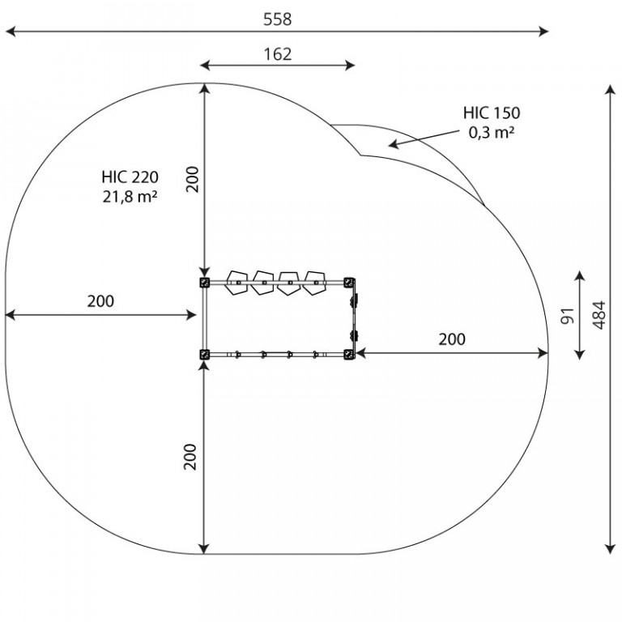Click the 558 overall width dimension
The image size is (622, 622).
coord(277,19)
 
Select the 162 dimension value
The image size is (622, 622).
coord(278,54)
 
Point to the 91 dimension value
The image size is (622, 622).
coord(568,316)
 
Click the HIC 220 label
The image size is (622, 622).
coord(130,177)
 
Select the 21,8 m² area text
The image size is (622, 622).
coord(130,196)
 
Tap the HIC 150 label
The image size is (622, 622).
coord(491,113)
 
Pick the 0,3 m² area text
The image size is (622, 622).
coord(491,132)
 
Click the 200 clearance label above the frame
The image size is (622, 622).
coord(193,180)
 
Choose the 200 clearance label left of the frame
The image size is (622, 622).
coord(100,301)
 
